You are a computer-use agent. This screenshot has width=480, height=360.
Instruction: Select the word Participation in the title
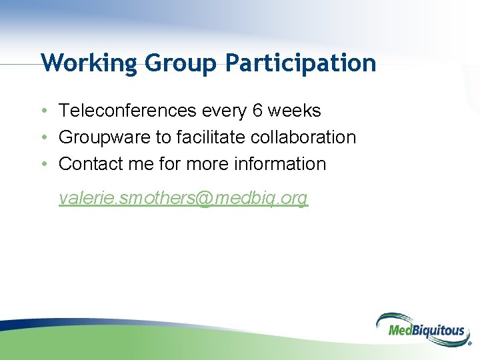click(x=301, y=63)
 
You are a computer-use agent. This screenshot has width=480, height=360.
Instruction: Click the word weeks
click(x=295, y=111)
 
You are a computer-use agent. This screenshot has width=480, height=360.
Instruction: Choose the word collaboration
click(x=303, y=137)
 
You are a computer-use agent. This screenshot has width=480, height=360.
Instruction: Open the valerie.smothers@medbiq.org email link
click(x=183, y=198)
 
